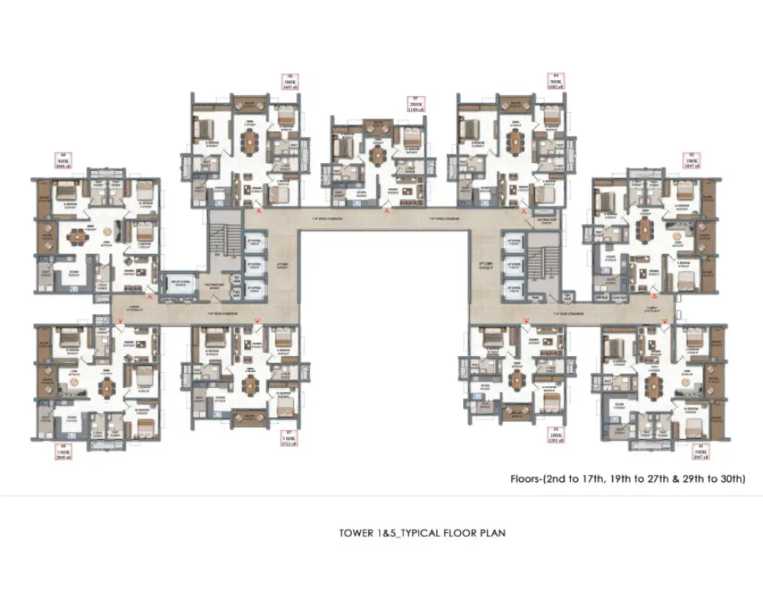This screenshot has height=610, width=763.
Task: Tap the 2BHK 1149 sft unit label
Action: coord(417,104)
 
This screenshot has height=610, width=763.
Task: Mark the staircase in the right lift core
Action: coord(543,259)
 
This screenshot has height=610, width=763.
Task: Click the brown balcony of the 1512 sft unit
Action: coord(250,416)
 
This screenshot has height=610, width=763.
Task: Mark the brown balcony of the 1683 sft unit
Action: coord(250,102)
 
